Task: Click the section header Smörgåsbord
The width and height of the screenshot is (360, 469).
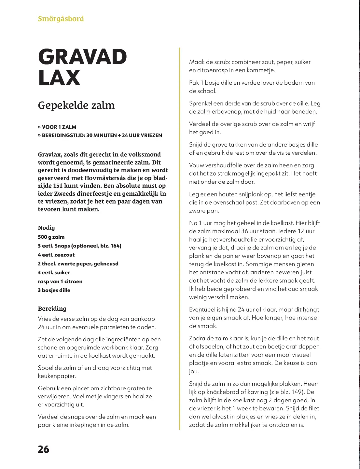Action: tap(61, 19)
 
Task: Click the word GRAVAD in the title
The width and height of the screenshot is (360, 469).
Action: tap(82, 57)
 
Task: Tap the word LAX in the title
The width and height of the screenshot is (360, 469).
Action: tap(59, 78)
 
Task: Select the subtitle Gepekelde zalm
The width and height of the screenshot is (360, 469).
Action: tap(76, 106)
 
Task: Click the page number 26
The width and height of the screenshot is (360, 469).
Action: tap(43, 449)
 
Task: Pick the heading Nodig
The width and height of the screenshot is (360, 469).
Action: tap(46, 228)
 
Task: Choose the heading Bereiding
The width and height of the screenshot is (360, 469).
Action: tap(52, 308)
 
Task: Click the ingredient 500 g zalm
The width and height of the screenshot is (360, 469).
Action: tap(51, 237)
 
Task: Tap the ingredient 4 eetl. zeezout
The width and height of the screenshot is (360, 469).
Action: tap(56, 255)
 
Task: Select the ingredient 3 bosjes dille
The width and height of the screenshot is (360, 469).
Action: tap(54, 290)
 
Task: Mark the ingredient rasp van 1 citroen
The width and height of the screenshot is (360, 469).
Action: tap(60, 281)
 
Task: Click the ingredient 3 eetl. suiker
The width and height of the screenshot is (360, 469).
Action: tap(54, 272)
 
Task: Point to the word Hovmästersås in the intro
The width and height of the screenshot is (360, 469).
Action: tap(106, 178)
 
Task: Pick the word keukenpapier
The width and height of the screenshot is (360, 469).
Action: tap(57, 376)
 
